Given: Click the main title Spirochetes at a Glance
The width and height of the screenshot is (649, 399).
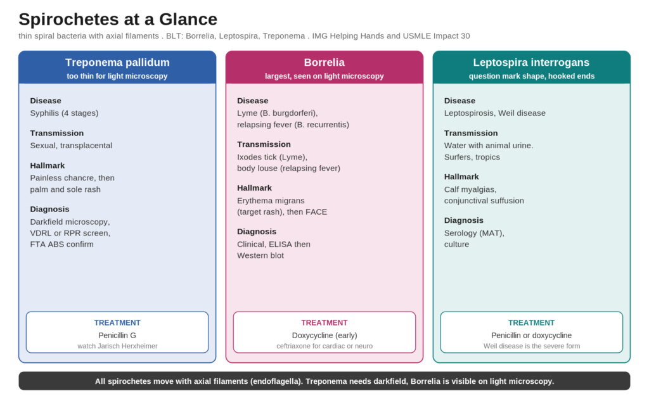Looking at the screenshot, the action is click(x=118, y=20).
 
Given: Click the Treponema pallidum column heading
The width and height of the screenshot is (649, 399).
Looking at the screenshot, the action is click(x=117, y=63).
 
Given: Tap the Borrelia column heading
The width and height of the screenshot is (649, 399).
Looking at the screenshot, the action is click(x=324, y=63).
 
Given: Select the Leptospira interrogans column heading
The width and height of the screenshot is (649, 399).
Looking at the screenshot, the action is click(x=532, y=63).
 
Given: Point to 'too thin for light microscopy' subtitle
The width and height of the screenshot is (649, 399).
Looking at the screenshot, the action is click(x=117, y=76).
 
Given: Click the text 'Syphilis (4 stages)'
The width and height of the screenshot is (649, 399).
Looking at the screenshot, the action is click(x=64, y=113).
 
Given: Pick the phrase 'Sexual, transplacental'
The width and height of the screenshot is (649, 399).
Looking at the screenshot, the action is click(x=71, y=146).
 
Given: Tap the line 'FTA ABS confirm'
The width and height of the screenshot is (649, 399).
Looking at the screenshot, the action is click(x=61, y=244).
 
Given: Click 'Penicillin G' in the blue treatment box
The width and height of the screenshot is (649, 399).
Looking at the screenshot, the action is click(x=117, y=335).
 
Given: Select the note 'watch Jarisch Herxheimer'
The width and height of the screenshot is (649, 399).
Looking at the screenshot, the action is click(x=117, y=346).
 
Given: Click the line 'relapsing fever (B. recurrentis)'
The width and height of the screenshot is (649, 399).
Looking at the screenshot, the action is click(x=293, y=125).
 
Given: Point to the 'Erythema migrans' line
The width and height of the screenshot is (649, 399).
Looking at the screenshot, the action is click(x=271, y=201).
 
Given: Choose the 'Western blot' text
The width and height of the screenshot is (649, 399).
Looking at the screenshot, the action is click(x=260, y=255).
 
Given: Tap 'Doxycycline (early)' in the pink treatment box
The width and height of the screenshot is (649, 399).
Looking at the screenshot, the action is click(x=324, y=335).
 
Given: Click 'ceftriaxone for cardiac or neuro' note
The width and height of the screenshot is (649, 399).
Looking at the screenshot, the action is click(x=324, y=346).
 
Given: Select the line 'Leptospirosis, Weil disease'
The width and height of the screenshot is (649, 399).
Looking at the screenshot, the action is click(x=494, y=113).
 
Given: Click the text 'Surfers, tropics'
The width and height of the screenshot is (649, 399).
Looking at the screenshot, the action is click(x=472, y=157).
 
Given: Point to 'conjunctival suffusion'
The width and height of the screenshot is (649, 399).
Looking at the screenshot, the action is click(x=484, y=201).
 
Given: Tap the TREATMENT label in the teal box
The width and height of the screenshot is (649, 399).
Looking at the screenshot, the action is click(x=532, y=323).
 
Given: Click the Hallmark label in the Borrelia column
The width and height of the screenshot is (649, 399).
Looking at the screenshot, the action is click(x=254, y=188).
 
